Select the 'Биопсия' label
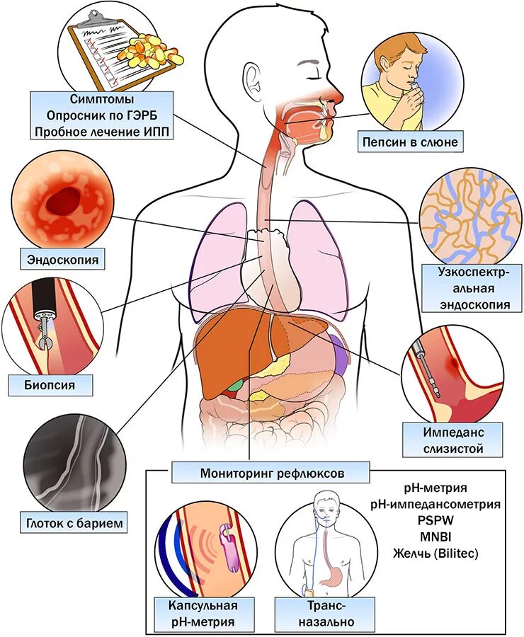[x=51, y=386]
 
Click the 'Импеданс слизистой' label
[x=452, y=440]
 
